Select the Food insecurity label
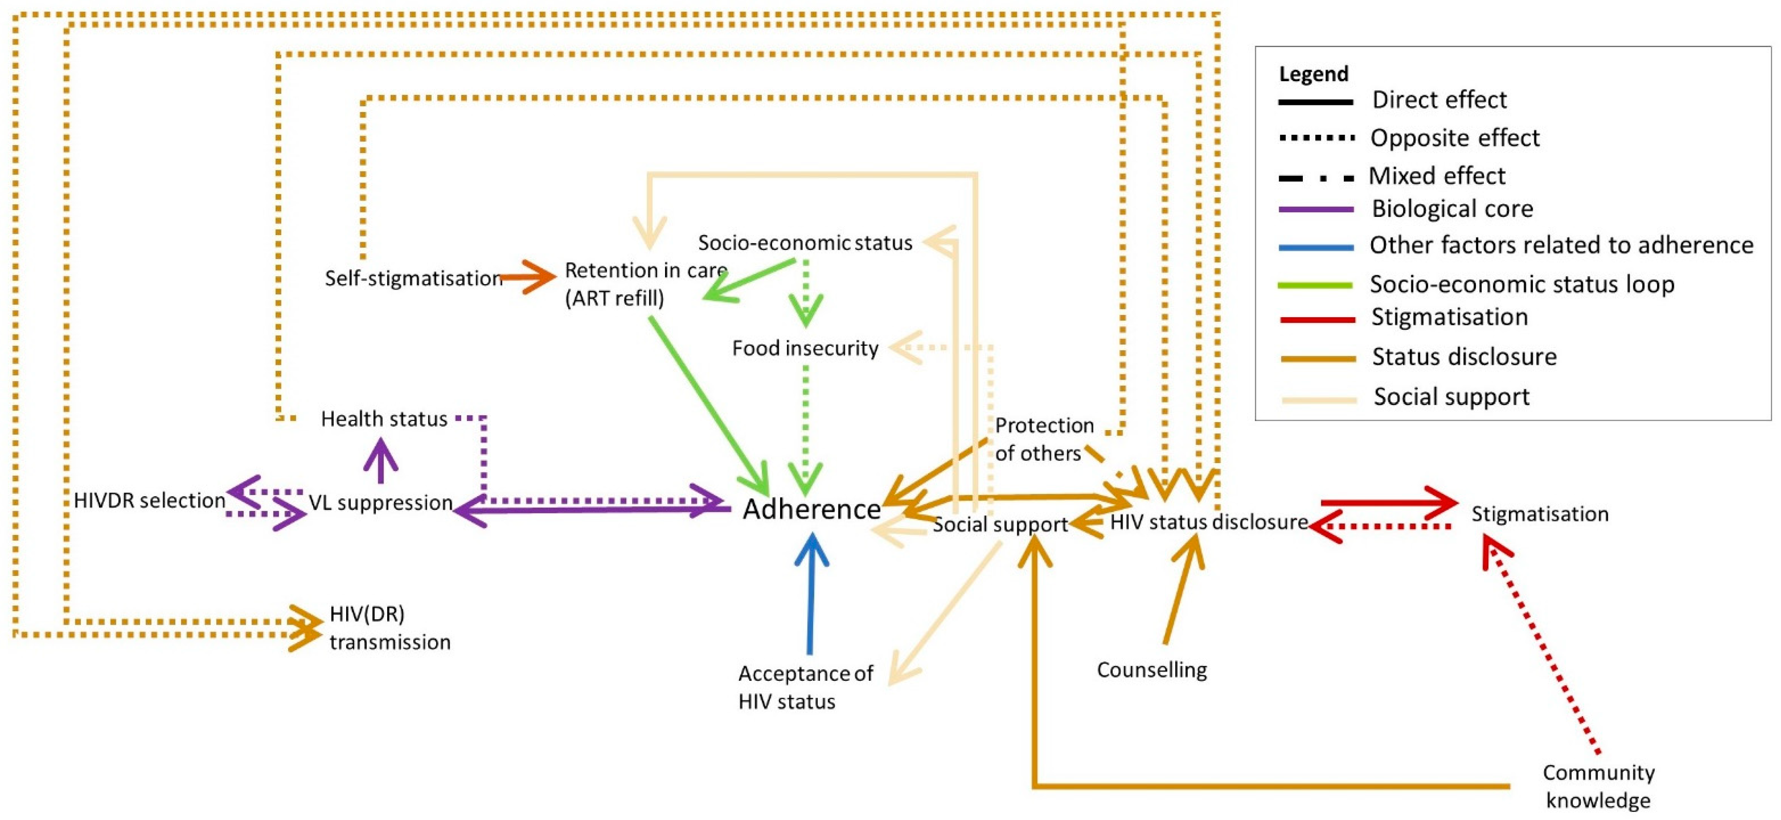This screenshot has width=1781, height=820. click(805, 348)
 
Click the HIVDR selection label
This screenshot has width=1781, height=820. click(149, 501)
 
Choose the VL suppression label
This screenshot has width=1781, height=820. click(380, 503)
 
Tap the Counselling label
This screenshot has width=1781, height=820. click(1151, 670)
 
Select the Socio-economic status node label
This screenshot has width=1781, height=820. click(805, 243)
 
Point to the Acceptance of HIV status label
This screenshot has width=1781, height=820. click(805, 687)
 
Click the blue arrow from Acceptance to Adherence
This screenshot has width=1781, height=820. click(810, 595)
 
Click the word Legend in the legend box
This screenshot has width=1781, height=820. click(1313, 74)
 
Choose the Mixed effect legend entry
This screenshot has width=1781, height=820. click(1436, 176)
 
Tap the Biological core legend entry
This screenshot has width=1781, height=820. click(1452, 209)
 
